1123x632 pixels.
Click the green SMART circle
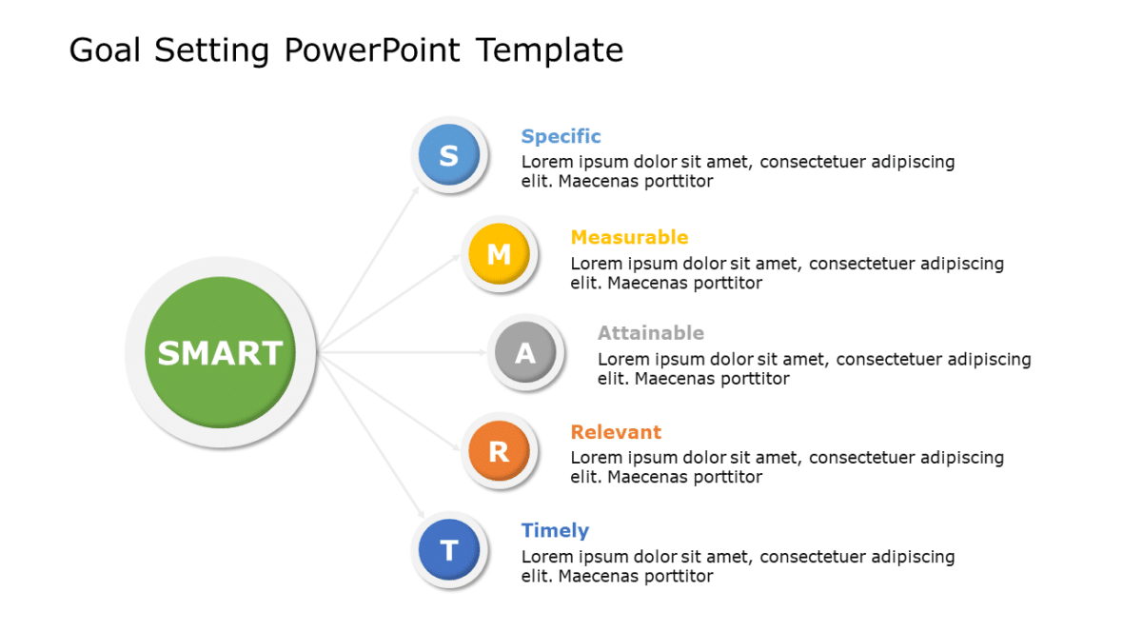pos(220,352)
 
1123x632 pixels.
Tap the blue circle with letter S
pos(449,155)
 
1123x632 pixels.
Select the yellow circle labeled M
pos(499,254)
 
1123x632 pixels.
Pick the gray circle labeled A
pos(525,353)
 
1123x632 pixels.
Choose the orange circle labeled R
pos(499,451)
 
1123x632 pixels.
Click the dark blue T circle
pos(449,549)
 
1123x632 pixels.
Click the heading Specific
pos(561,136)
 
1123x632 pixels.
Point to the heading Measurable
pos(629,237)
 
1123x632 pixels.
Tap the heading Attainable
pos(651,333)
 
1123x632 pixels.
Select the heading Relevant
pos(616,432)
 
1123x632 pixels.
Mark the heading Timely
pos(555,530)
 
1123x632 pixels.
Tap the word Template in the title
pos(550,49)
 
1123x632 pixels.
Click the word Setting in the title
pos(212,49)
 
